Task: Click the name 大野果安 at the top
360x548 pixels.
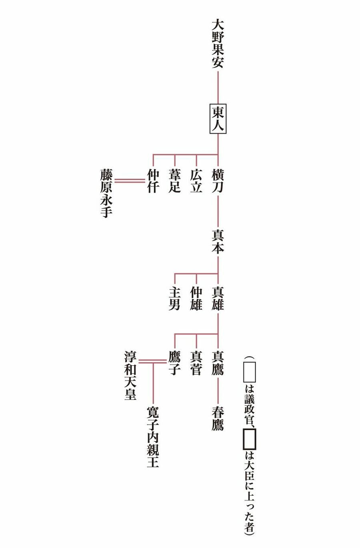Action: click(x=218, y=44)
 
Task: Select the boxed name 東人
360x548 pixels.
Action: click(x=218, y=119)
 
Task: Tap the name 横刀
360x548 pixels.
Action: click(x=218, y=181)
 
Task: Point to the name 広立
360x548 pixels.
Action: click(x=196, y=181)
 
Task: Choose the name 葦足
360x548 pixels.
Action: click(x=174, y=181)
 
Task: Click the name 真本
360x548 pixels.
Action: click(x=218, y=241)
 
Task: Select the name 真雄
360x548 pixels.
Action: click(x=218, y=298)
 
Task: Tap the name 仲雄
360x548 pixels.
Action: click(x=196, y=298)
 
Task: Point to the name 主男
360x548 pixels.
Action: click(x=174, y=298)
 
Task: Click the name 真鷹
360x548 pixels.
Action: click(x=218, y=363)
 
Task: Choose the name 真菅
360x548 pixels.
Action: click(x=196, y=363)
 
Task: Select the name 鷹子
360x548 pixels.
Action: click(x=174, y=363)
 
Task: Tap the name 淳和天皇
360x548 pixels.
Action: click(x=130, y=375)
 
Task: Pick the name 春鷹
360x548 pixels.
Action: click(x=218, y=418)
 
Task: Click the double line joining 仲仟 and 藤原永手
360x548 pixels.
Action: click(x=129, y=181)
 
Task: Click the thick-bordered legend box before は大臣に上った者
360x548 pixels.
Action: click(x=249, y=438)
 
